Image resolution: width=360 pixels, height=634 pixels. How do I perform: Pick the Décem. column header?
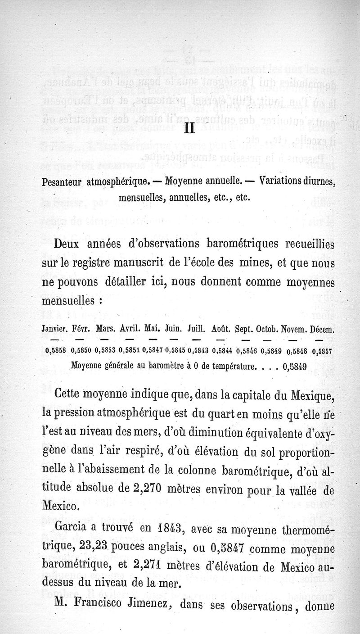click(319, 330)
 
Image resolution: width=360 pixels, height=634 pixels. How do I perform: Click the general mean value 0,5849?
click(295, 366)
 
